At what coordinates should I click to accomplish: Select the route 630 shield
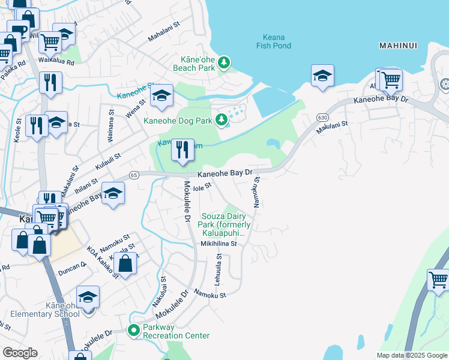pyautogui.click(x=323, y=117)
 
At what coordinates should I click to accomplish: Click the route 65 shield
pyautogui.click(x=133, y=175)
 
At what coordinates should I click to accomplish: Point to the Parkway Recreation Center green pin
pyautogui.click(x=134, y=329)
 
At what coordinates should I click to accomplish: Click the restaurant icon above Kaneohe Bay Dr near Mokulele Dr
pyautogui.click(x=182, y=149)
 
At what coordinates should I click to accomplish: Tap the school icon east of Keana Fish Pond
pyautogui.click(x=322, y=76)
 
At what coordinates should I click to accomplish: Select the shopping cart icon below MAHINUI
pyautogui.click(x=390, y=79)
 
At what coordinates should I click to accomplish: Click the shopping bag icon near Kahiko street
pyautogui.click(x=125, y=263)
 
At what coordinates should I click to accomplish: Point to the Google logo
pyautogui.click(x=20, y=353)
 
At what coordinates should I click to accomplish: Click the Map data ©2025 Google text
pyautogui.click(x=411, y=355)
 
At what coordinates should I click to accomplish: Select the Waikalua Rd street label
pyautogui.click(x=55, y=62)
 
